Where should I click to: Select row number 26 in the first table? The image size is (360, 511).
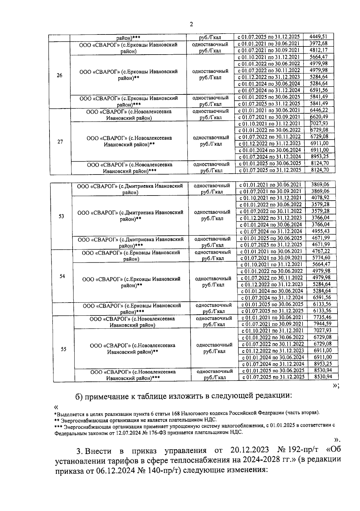(59, 75)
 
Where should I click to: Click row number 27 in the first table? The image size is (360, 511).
(60, 142)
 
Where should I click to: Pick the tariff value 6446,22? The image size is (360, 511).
(319, 110)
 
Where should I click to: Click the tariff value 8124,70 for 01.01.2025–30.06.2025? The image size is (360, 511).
(320, 163)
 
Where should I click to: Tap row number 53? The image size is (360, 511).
(61, 216)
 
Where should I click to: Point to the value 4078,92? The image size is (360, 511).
(320, 198)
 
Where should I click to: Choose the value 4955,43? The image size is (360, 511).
(321, 231)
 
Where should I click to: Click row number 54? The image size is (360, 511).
(62, 276)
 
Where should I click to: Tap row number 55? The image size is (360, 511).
(63, 349)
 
